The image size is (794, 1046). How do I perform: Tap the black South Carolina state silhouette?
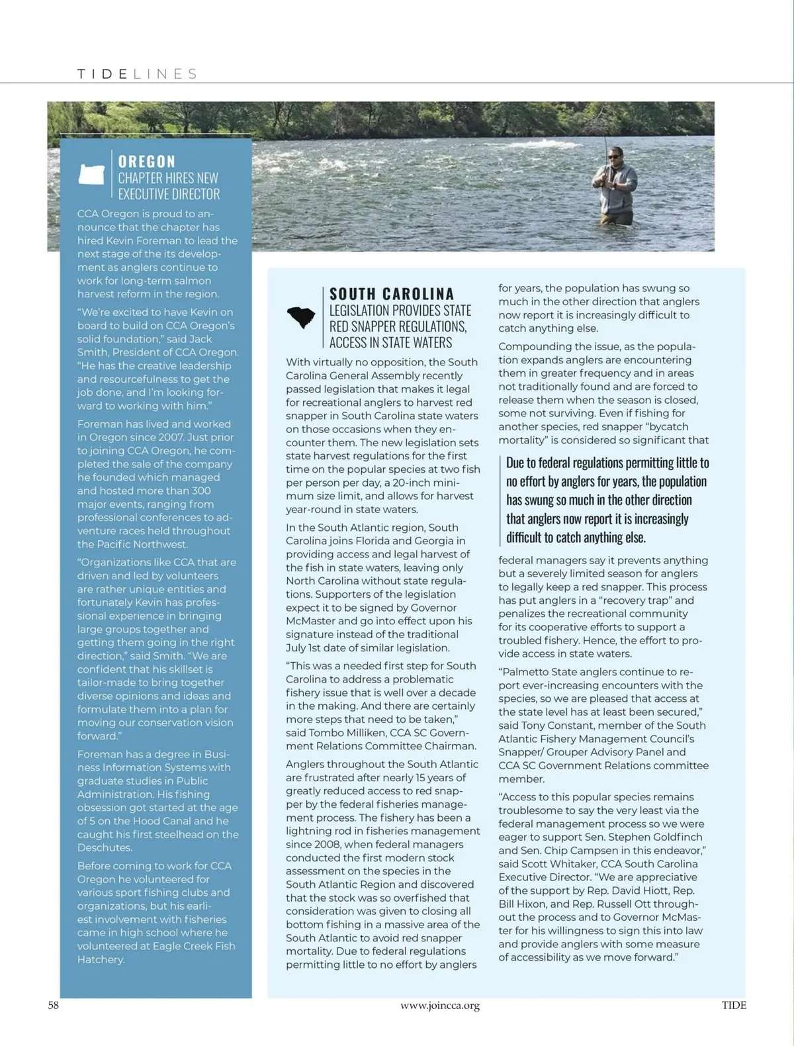point(302,318)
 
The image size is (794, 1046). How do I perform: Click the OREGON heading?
point(147,162)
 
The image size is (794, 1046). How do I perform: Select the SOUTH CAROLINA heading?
point(392,294)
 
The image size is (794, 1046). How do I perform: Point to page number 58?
point(54,1005)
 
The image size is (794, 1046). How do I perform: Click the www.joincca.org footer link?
point(440,1006)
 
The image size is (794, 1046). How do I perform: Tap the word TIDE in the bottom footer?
point(734,1005)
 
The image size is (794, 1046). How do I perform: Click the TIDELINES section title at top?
point(137,74)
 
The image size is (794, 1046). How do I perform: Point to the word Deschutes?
point(105,847)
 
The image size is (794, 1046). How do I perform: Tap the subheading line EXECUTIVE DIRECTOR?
point(169,194)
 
